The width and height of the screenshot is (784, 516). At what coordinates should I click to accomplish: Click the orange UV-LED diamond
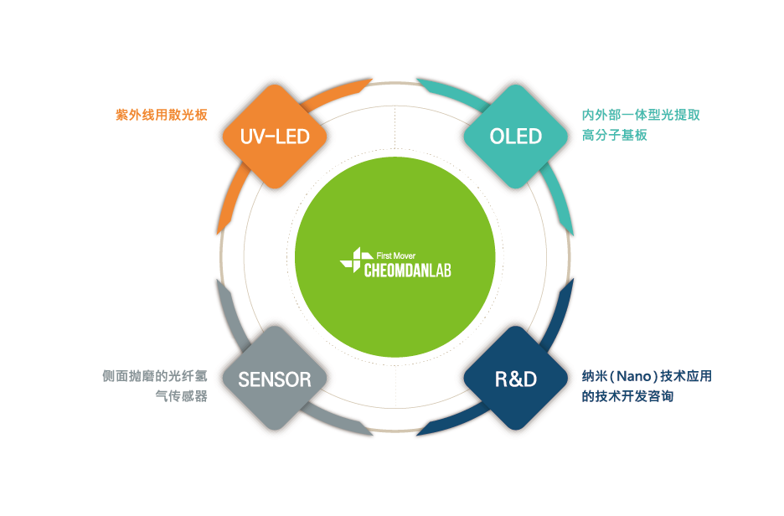tap(275, 137)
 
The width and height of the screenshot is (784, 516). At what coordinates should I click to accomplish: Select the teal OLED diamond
tap(515, 137)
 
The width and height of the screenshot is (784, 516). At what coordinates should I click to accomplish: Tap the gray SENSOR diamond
tap(275, 379)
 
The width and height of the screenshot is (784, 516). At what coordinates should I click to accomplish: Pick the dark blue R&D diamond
tap(515, 379)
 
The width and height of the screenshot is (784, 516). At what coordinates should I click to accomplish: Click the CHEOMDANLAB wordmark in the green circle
tap(408, 271)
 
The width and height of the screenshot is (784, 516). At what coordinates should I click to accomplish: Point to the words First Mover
tap(396, 256)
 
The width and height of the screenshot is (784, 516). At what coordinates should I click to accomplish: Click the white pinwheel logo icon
tap(356, 260)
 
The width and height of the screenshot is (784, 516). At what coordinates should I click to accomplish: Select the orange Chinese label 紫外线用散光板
tap(162, 115)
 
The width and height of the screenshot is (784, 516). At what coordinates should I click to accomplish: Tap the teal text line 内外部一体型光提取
tap(641, 115)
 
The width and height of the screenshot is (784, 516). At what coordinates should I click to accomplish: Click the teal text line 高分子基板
tap(615, 135)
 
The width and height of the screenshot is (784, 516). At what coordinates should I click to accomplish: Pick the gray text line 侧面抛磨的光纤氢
tap(155, 376)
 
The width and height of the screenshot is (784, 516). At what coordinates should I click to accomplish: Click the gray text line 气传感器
tap(181, 396)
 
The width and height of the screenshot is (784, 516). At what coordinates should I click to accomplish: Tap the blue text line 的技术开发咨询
tap(627, 396)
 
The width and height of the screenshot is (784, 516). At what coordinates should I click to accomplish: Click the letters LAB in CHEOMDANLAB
tap(440, 271)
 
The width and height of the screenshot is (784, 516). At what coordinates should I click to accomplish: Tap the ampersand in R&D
tap(516, 379)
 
